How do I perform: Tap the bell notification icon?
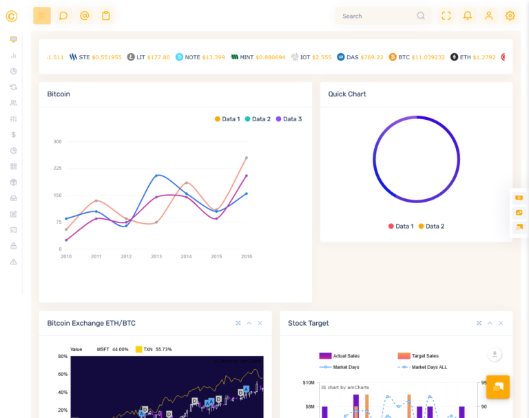click(468, 16)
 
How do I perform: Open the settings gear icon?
click(510, 16)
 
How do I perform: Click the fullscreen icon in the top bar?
click(446, 16)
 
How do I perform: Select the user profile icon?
click(488, 16)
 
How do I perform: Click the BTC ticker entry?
click(417, 57)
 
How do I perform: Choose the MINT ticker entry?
click(258, 57)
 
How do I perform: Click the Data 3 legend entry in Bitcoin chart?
click(289, 119)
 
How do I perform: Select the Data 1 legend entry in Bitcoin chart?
click(227, 119)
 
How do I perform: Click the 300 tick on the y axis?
click(57, 142)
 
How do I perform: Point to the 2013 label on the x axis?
click(156, 256)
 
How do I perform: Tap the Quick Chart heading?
click(347, 94)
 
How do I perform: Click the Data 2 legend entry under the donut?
click(431, 227)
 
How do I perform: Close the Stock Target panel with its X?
click(501, 323)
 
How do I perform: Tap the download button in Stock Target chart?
click(494, 354)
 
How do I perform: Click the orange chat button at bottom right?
click(497, 387)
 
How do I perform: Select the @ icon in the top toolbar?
click(84, 16)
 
